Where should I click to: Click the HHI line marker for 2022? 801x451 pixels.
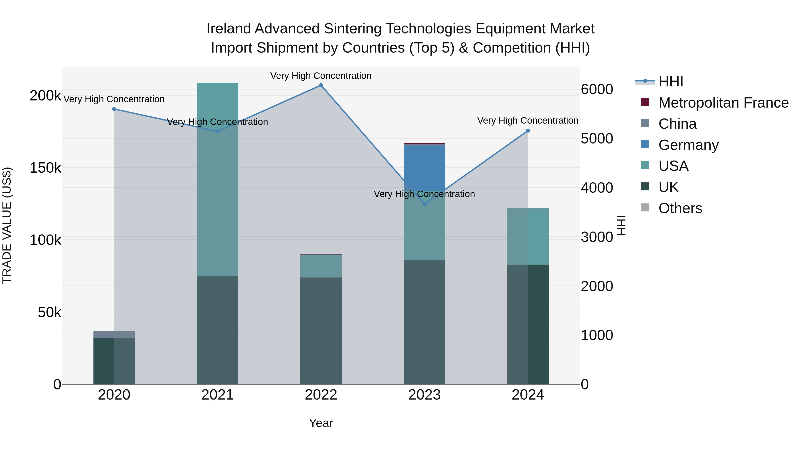click(x=321, y=85)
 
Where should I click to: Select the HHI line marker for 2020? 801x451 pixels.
click(x=114, y=109)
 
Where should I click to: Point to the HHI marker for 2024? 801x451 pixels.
click(x=528, y=131)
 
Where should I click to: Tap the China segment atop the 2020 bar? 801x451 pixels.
click(x=114, y=334)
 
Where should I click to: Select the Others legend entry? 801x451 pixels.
click(x=680, y=208)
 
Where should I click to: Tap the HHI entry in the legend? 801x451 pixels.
click(x=671, y=82)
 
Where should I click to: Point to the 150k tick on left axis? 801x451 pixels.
click(x=45, y=168)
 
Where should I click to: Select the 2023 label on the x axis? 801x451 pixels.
click(x=425, y=395)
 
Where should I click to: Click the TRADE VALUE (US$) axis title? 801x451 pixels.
click(x=7, y=225)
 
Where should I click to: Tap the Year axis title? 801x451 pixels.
click(x=321, y=423)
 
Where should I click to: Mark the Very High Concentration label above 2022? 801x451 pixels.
click(x=321, y=76)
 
